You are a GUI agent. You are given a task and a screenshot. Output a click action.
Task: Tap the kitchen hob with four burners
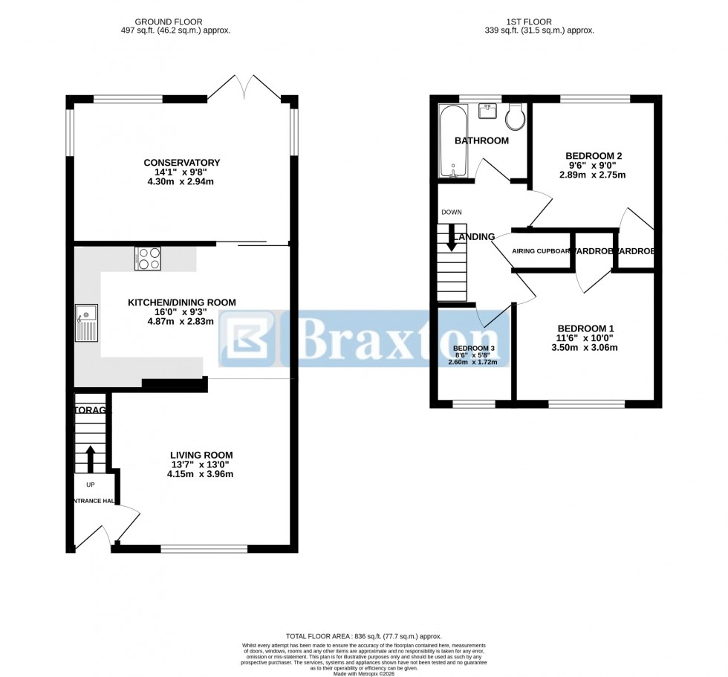pos(148,257)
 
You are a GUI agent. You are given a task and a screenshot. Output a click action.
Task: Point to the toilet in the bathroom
pos(514,115)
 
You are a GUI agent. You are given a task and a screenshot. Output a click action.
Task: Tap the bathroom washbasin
pos(487,111)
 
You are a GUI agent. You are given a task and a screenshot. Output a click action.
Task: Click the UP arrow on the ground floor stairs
pos(91,459)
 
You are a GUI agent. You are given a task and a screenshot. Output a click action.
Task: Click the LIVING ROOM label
pos(201,455)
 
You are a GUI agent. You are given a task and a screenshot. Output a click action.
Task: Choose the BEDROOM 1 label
pos(586,328)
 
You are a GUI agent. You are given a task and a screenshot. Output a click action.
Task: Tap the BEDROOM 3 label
pos(473,349)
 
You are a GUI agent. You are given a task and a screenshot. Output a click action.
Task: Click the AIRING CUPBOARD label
pos(542,251)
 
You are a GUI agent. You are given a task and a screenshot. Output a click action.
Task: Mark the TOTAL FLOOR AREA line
pos(364,636)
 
